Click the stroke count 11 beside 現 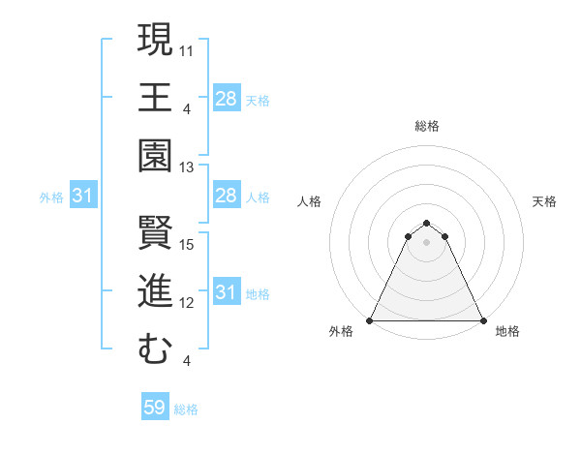188,48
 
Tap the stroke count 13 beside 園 188,167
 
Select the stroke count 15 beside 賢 188,244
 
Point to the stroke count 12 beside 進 188,303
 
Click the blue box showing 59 155,408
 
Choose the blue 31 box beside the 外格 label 83,197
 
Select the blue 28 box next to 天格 227,98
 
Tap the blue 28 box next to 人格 227,197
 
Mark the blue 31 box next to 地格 227,291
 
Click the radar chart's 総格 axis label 426,126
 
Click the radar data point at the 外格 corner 370,320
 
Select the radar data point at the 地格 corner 483,320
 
